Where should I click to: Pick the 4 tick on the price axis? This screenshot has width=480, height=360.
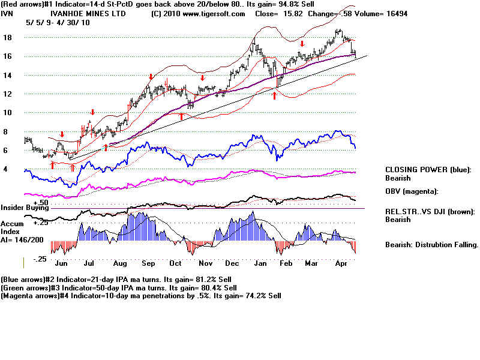coord(6,170)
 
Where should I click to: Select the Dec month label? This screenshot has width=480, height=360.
coord(232,263)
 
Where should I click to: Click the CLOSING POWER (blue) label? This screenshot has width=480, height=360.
coord(428,170)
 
